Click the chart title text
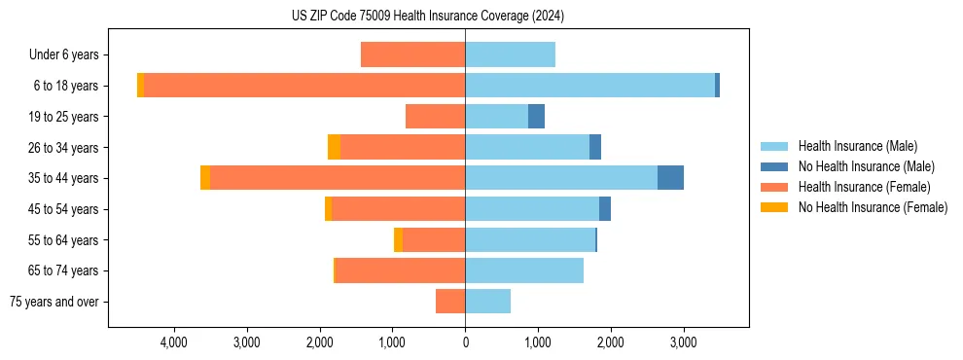click(428, 17)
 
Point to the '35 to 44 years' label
click(64, 178)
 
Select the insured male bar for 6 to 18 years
click(589, 86)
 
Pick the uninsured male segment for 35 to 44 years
click(670, 178)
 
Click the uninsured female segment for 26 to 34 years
click(334, 147)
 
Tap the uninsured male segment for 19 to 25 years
click(536, 117)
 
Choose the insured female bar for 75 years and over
click(450, 302)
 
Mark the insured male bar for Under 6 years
click(510, 55)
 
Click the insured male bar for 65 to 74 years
click(524, 270)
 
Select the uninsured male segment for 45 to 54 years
click(605, 209)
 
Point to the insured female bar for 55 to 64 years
click(434, 239)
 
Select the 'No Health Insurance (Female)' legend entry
click(873, 207)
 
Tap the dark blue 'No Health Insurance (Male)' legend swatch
click(774, 166)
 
